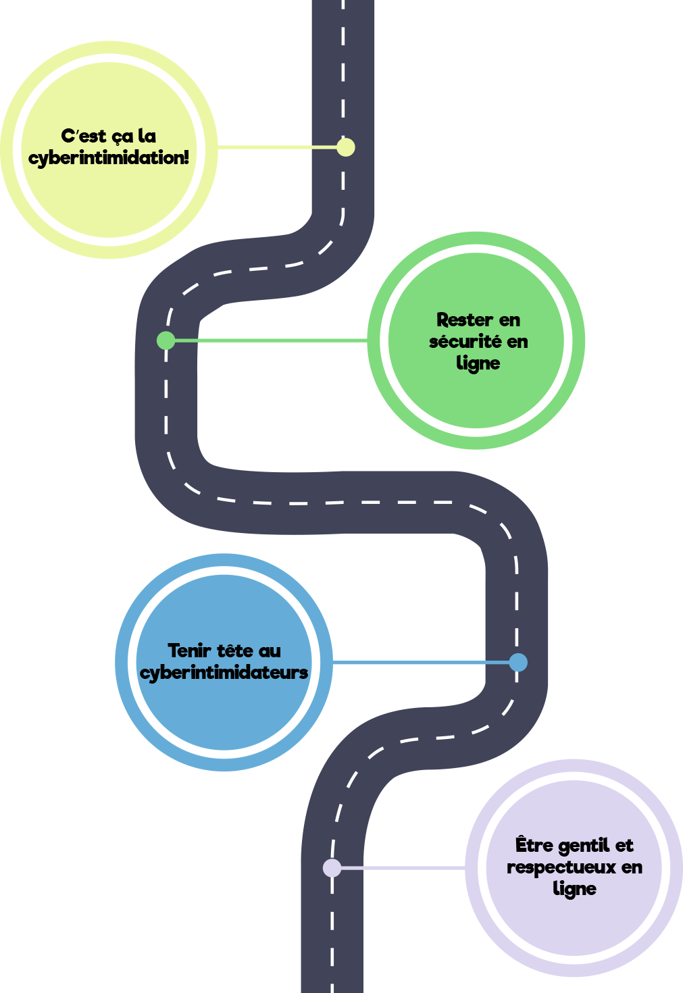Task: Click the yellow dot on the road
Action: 345,147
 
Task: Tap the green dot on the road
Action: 166,340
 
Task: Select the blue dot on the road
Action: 518,663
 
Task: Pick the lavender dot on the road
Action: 332,867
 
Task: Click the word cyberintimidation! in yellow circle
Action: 109,158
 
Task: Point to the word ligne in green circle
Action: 478,363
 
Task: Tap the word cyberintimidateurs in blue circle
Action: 224,673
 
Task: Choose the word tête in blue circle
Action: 235,651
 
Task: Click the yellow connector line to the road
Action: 277,147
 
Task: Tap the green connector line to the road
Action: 270,340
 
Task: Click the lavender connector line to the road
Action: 402,867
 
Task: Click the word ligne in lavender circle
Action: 574,889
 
